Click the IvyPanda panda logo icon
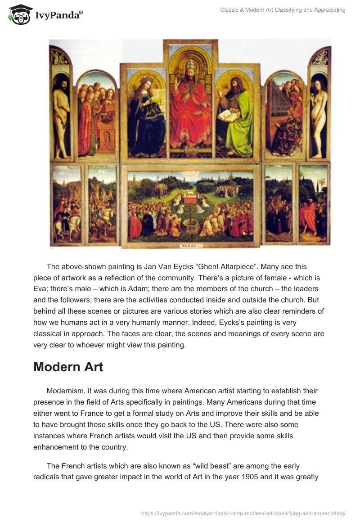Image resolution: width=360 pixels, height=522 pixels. [x=19, y=14]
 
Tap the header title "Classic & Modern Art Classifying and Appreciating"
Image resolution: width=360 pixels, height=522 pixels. [x=283, y=10]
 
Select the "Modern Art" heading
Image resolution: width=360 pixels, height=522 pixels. [x=68, y=367]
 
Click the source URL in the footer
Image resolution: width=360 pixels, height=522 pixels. [x=243, y=513]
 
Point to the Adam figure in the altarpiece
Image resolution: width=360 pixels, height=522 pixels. [x=62, y=112]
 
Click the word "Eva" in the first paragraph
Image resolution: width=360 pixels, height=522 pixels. [x=41, y=289]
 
